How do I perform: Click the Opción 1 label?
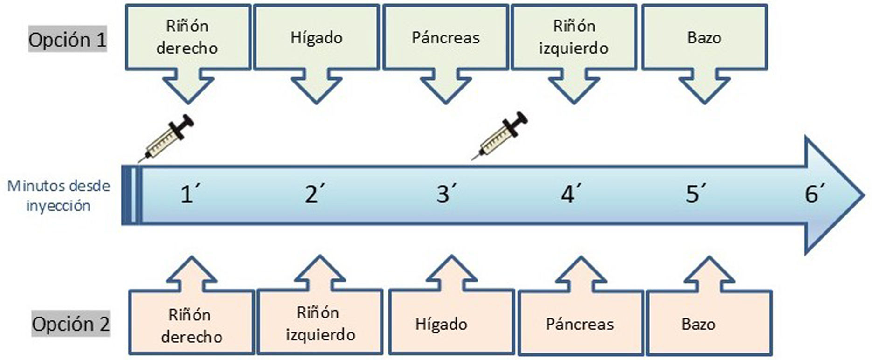tap(68, 40)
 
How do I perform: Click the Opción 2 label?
tap(71, 324)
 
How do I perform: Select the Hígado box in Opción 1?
tap(316, 38)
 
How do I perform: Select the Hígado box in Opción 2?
tap(441, 324)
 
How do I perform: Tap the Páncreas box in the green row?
tap(445, 38)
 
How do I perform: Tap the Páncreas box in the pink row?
tap(580, 324)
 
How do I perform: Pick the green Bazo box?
tap(704, 38)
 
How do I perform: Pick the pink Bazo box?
tap(699, 324)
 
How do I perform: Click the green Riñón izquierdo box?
tap(574, 37)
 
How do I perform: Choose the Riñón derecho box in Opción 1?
tap(187, 37)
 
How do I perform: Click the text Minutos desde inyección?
tap(59, 196)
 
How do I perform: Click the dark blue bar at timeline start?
tap(126, 195)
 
